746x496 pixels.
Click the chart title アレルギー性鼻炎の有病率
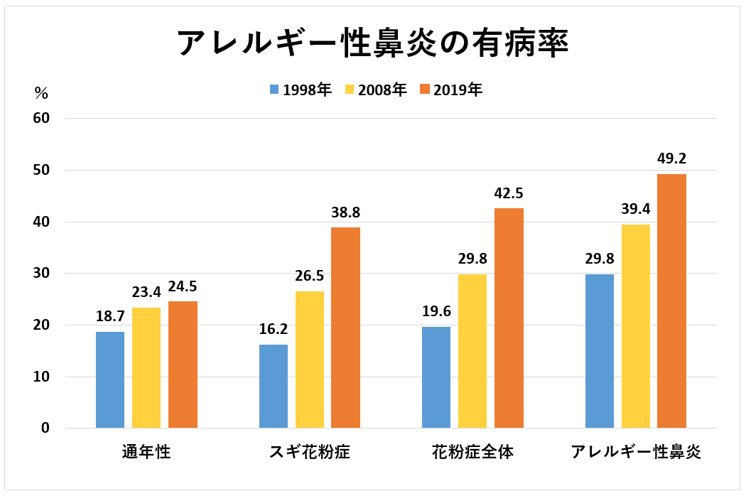tap(372, 43)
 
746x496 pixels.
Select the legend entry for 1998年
tap(301, 90)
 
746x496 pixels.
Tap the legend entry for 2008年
tap(376, 90)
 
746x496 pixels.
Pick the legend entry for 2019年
tap(451, 90)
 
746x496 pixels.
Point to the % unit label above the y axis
tap(41, 93)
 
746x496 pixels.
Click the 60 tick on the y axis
tap(40, 118)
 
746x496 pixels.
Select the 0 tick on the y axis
tap(45, 428)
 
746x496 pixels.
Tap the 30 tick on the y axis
tap(40, 274)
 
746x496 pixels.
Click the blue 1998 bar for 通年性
tap(110, 379)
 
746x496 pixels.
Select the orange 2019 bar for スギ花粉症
tap(346, 328)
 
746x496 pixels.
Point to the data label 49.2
tap(671, 158)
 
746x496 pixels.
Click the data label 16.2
tap(274, 329)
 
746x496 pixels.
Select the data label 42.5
tap(509, 193)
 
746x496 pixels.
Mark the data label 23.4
tap(146, 292)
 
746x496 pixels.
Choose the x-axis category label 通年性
tap(146, 453)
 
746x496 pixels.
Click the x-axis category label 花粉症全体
tap(472, 453)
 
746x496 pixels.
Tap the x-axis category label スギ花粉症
tap(310, 453)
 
